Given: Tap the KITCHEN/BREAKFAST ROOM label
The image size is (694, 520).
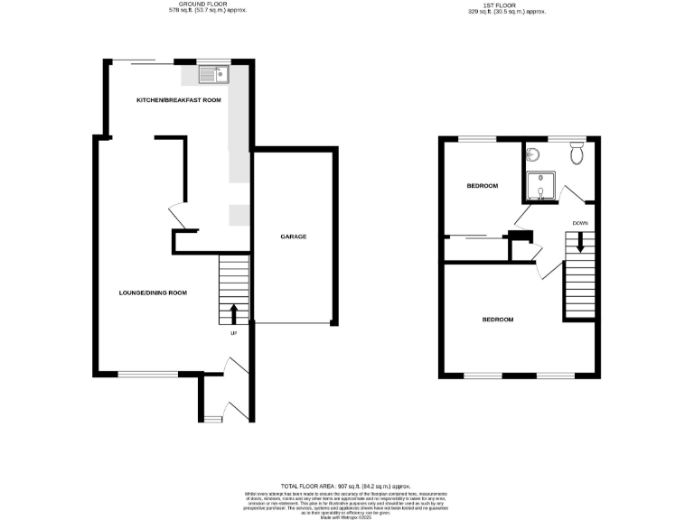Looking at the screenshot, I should point(178,100).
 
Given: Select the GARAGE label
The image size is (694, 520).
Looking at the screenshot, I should point(293,237).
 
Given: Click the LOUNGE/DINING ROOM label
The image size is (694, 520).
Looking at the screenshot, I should point(153,292).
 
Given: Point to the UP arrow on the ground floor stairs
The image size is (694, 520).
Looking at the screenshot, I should point(234,313).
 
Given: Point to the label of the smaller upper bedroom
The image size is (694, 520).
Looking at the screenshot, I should point(482,186).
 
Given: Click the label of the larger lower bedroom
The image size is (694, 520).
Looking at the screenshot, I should point(497,320).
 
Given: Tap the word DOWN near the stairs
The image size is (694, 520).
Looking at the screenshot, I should point(580,222).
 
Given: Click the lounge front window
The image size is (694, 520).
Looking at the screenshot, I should point(148,373).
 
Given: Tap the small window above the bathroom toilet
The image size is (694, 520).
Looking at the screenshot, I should point(567,139).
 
